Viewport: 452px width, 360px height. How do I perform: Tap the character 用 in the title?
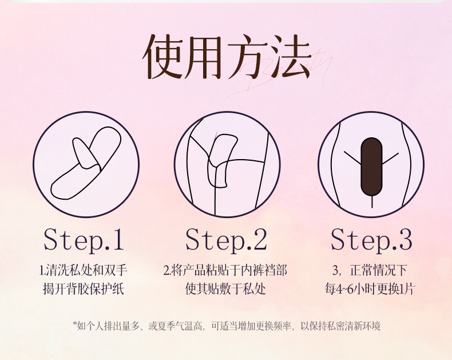(206, 56)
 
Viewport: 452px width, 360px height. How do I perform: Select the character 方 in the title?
(247, 56)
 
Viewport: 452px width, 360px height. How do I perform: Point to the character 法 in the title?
(289, 56)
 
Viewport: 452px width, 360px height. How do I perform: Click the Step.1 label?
(84, 240)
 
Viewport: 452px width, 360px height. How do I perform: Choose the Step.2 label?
(227, 240)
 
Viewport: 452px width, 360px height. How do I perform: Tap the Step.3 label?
(371, 240)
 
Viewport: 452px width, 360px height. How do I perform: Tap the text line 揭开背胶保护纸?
(84, 288)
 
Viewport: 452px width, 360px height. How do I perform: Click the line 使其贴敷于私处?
(225, 288)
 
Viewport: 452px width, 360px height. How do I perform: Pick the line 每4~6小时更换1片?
(370, 288)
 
